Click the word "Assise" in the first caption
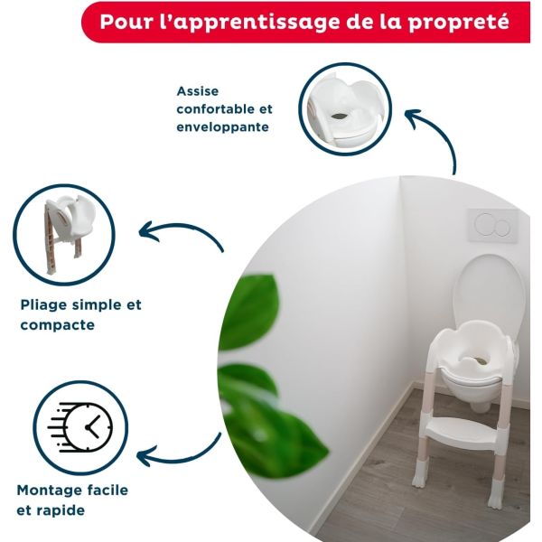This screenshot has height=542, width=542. [x=197, y=91]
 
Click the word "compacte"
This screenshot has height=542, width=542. [x=57, y=323]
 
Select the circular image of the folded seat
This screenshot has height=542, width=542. [x=66, y=234]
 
